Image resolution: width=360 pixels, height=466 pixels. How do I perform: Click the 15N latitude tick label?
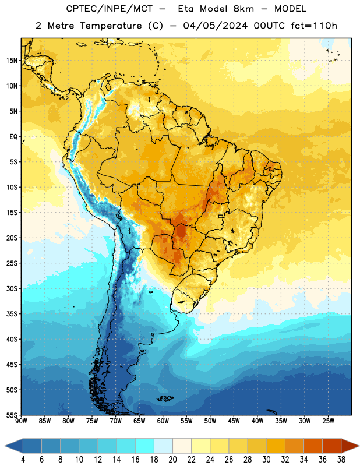tap(11, 61)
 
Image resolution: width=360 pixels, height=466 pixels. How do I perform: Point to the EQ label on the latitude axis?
tap(13, 137)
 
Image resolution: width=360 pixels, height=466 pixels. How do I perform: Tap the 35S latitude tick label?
tap(11, 314)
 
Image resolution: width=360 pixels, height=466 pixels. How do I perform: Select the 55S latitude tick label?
tap(11, 415)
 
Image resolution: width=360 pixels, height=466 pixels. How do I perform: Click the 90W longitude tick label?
tap(21, 421)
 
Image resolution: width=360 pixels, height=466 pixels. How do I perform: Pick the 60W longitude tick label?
tap(163, 421)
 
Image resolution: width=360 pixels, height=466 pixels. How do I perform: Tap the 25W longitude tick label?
tap(328, 421)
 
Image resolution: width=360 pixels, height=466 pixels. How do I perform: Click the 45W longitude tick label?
tap(234, 421)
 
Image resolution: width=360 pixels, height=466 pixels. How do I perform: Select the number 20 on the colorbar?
tap(172, 460)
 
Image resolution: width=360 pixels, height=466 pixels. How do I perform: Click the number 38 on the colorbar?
tap(341, 460)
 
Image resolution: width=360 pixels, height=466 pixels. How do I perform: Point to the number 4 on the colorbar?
tap(23, 460)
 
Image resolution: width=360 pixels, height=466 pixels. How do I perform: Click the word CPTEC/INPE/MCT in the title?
tap(110, 9)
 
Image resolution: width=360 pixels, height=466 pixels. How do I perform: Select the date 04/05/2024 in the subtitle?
tap(215, 26)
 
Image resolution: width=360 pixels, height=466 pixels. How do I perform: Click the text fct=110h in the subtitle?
tap(314, 26)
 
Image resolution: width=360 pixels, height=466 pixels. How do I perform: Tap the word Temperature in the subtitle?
tap(111, 26)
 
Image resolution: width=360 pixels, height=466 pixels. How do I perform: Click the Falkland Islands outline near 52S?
tap(165, 398)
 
